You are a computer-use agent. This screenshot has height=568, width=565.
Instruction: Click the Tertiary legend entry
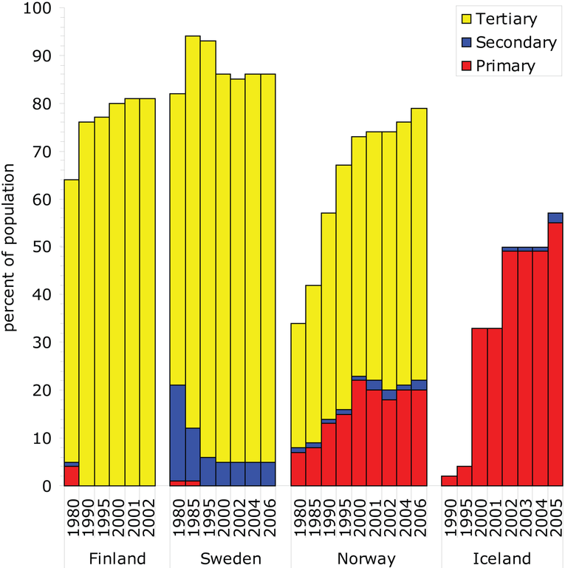point(507,19)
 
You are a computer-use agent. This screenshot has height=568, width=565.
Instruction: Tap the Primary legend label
point(505,66)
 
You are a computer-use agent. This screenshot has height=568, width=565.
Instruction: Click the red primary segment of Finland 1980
point(72,476)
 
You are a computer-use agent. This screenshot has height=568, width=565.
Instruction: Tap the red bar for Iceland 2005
point(555,355)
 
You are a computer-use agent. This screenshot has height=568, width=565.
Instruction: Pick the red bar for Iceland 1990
point(449,481)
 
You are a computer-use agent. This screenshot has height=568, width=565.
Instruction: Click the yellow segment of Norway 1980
point(298,385)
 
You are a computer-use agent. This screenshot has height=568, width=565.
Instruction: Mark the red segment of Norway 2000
point(359,433)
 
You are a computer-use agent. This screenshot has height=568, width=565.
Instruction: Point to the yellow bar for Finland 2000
point(117,296)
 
